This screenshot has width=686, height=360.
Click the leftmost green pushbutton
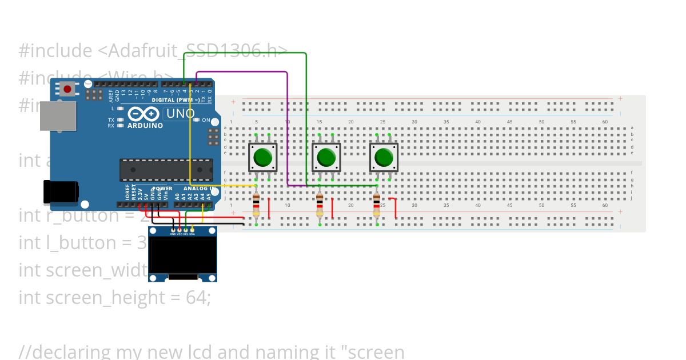pyautogui.click(x=262, y=157)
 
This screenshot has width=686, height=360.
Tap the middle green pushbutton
pyautogui.click(x=326, y=157)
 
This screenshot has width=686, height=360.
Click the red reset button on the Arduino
pyautogui.click(x=67, y=89)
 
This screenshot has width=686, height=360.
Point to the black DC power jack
pyautogui.click(x=61, y=191)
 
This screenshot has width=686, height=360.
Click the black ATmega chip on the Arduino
pyautogui.click(x=166, y=170)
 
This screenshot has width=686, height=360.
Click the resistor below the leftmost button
pyautogui.click(x=256, y=206)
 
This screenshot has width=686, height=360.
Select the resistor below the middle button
pyautogui.click(x=320, y=206)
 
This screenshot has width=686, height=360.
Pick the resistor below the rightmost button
pyautogui.click(x=377, y=206)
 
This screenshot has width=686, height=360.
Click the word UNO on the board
pyautogui.click(x=180, y=114)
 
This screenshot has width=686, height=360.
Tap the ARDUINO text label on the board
pyautogui.click(x=145, y=125)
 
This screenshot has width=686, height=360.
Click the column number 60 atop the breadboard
pyautogui.click(x=605, y=122)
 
